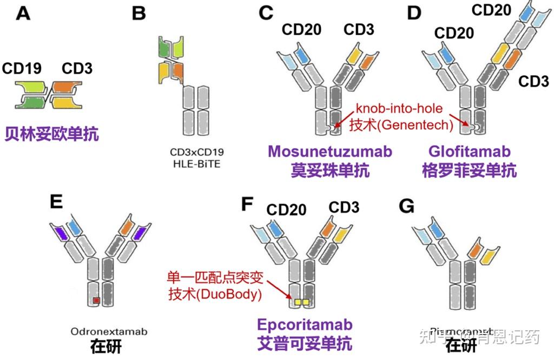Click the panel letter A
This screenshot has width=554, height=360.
click(x=23, y=13)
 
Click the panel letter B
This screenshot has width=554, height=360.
click(x=139, y=13)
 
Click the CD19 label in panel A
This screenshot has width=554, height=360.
click(x=22, y=69)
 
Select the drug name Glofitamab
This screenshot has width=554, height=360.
click(x=470, y=151)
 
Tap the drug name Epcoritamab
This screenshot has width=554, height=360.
click(x=305, y=325)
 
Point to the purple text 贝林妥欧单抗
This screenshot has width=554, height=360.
click(x=52, y=134)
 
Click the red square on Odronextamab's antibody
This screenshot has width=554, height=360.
click(x=96, y=300)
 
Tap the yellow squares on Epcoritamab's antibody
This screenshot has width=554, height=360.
click(x=301, y=300)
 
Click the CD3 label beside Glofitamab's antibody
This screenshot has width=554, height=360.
click(x=533, y=81)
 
